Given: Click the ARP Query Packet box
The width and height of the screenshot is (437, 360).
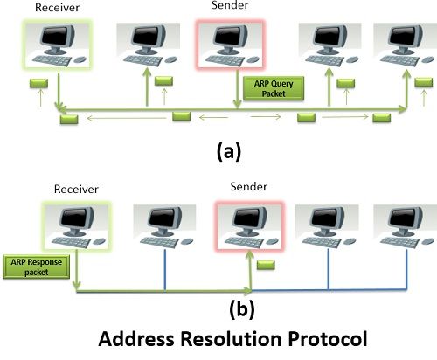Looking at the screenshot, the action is (274, 88).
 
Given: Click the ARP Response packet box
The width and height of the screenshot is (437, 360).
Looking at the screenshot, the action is (37, 267).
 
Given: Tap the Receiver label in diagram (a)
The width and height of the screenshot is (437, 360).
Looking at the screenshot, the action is (57, 8).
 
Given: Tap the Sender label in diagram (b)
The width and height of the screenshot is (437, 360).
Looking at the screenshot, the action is (248, 187).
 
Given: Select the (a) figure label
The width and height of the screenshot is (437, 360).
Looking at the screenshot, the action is (229, 152).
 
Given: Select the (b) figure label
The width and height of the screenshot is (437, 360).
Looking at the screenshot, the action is (242, 309).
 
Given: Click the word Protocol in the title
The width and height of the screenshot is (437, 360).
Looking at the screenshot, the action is (328, 339).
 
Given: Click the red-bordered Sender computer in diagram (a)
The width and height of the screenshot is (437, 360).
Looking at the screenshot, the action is (230, 45).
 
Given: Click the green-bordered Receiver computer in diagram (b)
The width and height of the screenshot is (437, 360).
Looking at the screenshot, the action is (76, 225).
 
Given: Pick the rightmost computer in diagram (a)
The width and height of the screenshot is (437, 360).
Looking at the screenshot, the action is (406, 45).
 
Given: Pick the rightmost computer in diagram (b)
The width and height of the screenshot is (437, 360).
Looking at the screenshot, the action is (406, 226).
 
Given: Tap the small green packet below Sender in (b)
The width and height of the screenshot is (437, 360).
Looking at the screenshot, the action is (266, 265).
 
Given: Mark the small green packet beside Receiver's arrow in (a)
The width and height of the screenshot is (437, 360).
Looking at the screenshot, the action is (38, 83).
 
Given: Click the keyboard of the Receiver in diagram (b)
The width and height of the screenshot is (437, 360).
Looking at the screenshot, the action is (71, 242).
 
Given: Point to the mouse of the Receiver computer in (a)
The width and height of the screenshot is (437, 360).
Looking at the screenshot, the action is (80, 59).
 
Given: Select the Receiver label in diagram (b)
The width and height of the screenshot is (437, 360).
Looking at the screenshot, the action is (76, 190).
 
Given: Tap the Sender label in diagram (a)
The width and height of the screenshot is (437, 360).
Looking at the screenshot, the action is (230, 5).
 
